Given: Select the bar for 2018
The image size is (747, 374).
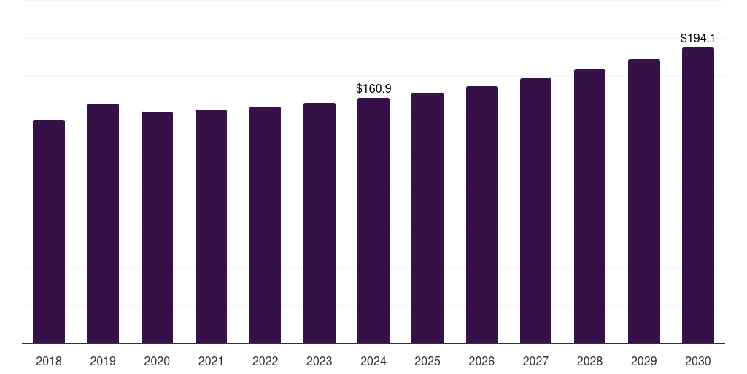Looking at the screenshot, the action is click(49, 232).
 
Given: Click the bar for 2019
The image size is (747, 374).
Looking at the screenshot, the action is click(103, 224).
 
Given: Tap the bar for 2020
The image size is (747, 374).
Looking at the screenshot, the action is click(158, 228).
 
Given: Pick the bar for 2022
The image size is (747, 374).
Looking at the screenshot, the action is click(265, 225).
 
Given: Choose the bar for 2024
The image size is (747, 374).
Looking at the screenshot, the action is click(373, 221).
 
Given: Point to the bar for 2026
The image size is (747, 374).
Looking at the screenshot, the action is click(481, 215).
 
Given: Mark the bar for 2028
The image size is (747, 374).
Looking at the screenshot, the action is click(589, 207).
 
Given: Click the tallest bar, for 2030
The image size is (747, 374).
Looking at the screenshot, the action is click(698, 196).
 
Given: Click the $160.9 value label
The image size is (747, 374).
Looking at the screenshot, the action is click(373, 88).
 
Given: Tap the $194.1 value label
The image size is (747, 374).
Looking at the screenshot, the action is click(698, 38).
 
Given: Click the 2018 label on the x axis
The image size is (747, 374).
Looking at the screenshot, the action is click(49, 362).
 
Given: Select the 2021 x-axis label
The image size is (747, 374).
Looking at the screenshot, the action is click(211, 362).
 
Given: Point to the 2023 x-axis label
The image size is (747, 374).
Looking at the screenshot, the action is click(320, 362).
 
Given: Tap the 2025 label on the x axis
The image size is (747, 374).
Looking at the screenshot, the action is click(427, 362).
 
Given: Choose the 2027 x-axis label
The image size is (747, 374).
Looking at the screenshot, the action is click(535, 362).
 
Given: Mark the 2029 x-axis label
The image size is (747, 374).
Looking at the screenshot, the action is click(643, 362).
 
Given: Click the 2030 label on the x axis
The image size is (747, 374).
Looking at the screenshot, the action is click(698, 362).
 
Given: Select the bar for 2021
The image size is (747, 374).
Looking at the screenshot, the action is click(211, 226).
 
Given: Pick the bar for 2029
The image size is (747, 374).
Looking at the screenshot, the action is click(644, 202).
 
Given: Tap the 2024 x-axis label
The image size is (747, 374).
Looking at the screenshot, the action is click(373, 362).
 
